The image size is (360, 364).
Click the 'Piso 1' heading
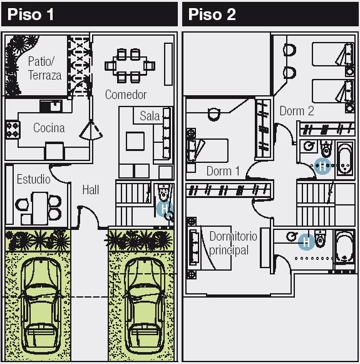31,14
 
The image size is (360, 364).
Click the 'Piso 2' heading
212,14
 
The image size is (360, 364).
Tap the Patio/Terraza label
44,68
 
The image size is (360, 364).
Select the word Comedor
126,95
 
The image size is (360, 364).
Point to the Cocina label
49,128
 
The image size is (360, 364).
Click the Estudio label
34,179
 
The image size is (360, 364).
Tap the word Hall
91,190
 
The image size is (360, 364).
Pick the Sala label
150,116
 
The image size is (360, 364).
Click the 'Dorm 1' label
223,171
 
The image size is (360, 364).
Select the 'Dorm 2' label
297,111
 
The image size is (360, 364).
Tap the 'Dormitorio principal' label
233,243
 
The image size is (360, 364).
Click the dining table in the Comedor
130,66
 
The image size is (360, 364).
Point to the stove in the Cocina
13,130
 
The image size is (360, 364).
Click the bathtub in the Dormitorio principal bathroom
345,247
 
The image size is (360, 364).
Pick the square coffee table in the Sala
135,141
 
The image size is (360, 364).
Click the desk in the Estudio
39,208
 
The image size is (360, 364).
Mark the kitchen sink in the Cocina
51,107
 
